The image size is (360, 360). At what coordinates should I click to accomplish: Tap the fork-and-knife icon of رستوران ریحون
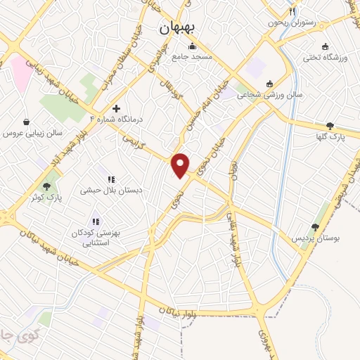(x=292, y=12)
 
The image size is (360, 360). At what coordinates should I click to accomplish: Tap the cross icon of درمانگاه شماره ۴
(x=116, y=109)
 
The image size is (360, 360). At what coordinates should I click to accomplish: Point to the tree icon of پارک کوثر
(x=46, y=186)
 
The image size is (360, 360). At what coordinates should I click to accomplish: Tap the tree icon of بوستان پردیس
(x=315, y=227)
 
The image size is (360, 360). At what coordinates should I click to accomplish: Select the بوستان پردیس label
(x=316, y=239)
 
